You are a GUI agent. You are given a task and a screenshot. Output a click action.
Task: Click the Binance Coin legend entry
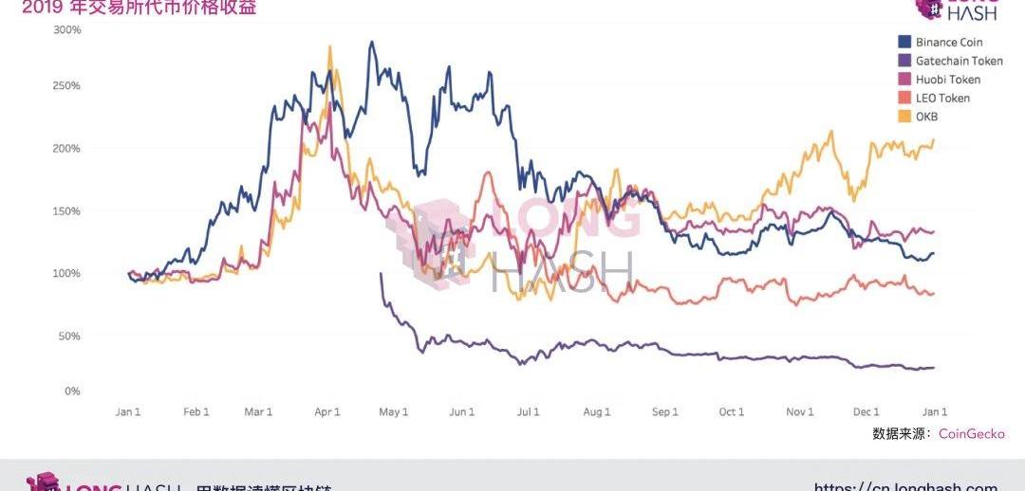(x=948, y=43)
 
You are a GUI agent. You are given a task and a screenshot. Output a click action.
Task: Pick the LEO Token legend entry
(x=942, y=98)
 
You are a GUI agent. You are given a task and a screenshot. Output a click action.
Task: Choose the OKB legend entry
(x=925, y=117)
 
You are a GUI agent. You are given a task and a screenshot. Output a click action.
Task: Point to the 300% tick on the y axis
(x=67, y=30)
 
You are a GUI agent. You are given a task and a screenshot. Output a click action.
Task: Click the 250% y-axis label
(x=67, y=86)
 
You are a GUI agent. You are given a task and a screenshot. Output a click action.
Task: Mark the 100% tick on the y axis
(x=67, y=274)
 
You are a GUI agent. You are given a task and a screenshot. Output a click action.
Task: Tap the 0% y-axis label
(x=72, y=391)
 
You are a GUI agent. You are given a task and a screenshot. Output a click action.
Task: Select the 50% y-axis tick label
(x=70, y=336)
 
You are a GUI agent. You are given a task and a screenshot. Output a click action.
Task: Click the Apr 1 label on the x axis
(x=326, y=412)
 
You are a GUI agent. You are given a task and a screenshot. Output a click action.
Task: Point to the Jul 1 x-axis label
(x=528, y=412)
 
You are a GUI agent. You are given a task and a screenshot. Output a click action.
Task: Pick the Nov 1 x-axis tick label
(x=800, y=412)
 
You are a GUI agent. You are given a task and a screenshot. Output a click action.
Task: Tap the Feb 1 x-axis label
(x=196, y=412)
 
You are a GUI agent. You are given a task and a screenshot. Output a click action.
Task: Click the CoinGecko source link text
(x=971, y=434)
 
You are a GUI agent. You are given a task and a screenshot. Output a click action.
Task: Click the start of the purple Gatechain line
(x=381, y=274)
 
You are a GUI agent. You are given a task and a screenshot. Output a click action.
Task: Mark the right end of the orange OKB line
(x=934, y=140)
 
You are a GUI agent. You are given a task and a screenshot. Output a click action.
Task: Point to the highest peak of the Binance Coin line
(x=371, y=42)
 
